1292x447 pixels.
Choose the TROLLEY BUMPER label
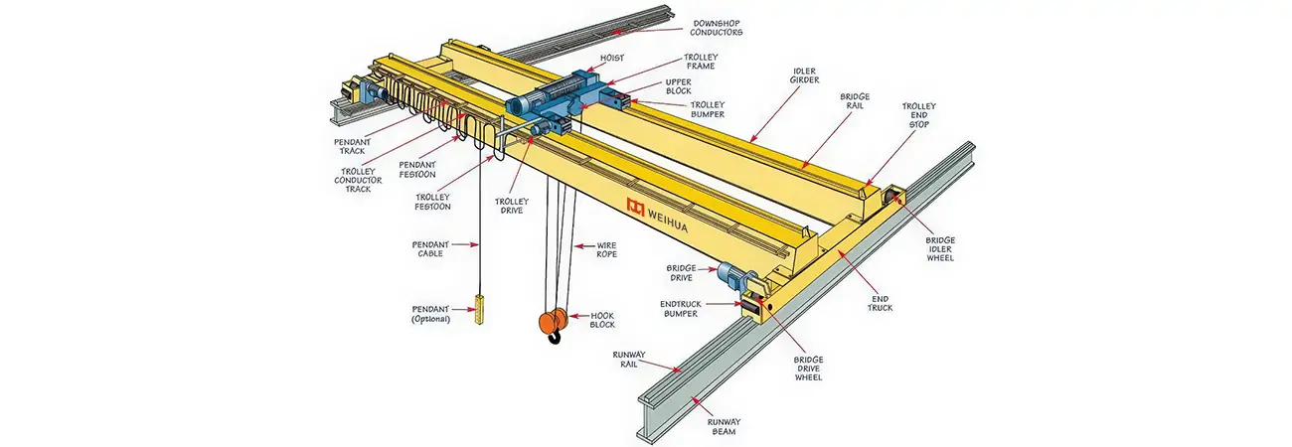708,109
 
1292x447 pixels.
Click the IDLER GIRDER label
805,76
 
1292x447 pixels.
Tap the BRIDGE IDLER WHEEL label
939,247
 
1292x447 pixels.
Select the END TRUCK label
881,302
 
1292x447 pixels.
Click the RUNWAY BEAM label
725,427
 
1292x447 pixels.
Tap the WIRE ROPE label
606,249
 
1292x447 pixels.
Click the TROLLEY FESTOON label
432,202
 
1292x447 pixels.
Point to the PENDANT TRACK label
351,146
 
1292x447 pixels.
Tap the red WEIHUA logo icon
636,206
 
